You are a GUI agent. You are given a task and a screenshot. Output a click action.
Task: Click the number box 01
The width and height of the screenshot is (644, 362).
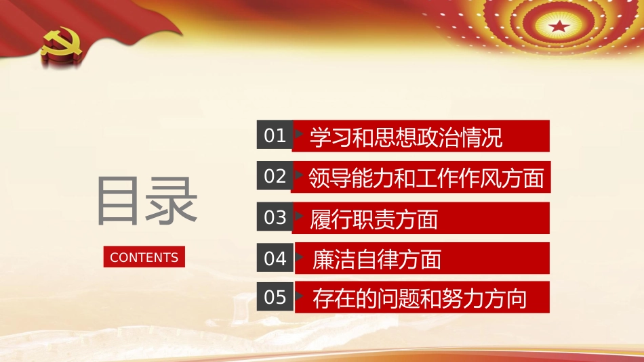[275, 136]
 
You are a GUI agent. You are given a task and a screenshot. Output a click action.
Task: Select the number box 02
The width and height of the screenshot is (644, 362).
[275, 177]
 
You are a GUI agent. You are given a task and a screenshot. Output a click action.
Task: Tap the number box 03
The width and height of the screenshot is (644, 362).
[275, 217]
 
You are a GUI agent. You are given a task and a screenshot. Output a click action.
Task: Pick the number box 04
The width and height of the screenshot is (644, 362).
[275, 258]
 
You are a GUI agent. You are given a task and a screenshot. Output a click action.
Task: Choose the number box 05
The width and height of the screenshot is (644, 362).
[275, 298]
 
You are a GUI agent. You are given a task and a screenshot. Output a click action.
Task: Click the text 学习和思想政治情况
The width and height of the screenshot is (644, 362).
[406, 137]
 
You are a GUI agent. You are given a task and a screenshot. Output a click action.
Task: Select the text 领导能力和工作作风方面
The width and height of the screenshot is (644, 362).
[426, 178]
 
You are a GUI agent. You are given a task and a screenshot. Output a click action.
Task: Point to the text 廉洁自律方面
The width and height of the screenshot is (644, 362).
[377, 258]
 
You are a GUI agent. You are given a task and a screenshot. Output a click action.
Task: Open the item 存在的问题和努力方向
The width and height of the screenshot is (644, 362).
[420, 298]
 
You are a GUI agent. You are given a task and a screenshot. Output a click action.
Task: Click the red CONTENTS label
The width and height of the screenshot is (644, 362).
[144, 257]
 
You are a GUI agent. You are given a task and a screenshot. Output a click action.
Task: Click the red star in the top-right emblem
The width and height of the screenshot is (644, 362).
[559, 27]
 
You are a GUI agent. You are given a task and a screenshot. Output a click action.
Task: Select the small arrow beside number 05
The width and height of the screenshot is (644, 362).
[299, 298]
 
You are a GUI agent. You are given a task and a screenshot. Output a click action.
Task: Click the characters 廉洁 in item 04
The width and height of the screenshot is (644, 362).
[332, 258]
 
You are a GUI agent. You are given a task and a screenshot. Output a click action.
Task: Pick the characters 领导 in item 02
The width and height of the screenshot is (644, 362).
[328, 178]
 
